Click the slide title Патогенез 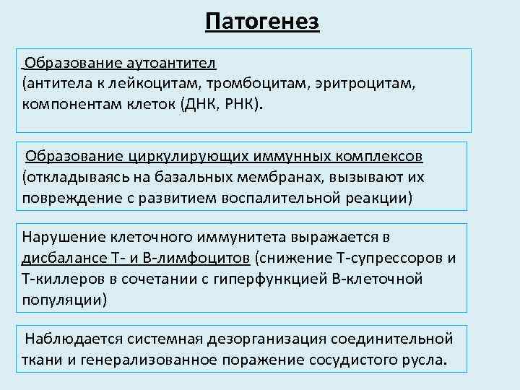pyautogui.click(x=261, y=21)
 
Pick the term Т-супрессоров pyautogui.click(x=389, y=257)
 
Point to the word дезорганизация pyautogui.click(x=259, y=338)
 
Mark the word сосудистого pyautogui.click(x=350, y=358)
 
